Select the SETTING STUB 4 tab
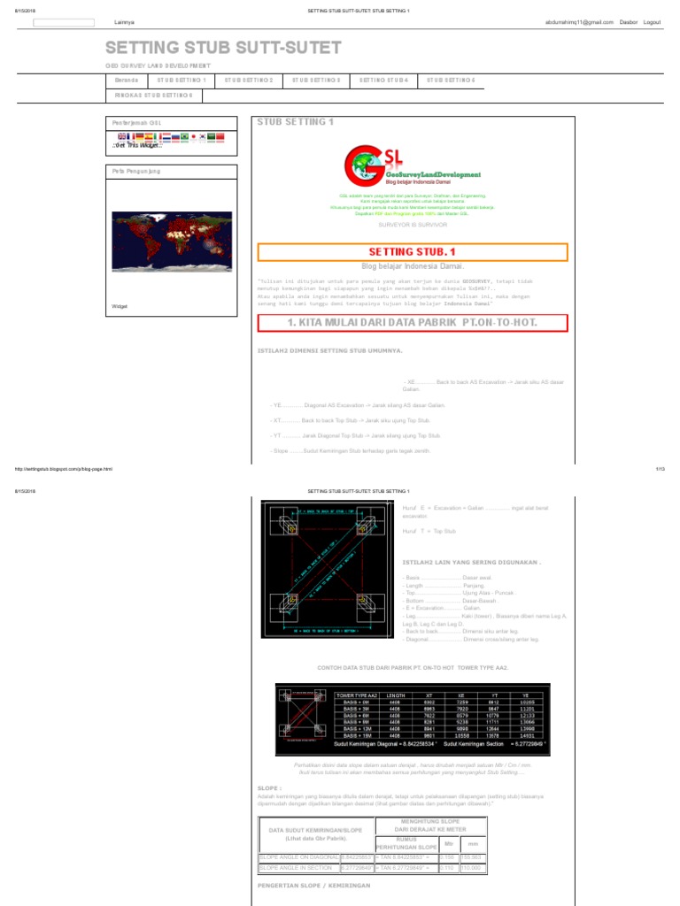[x=383, y=80]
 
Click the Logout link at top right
[x=652, y=21]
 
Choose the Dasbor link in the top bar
[x=628, y=21]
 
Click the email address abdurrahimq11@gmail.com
[x=578, y=21]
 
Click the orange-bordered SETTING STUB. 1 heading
[x=411, y=252]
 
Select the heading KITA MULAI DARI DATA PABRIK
[x=412, y=324]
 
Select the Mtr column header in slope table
[x=447, y=844]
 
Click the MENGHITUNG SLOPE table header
[x=430, y=826]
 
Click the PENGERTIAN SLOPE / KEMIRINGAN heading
[x=313, y=884]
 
